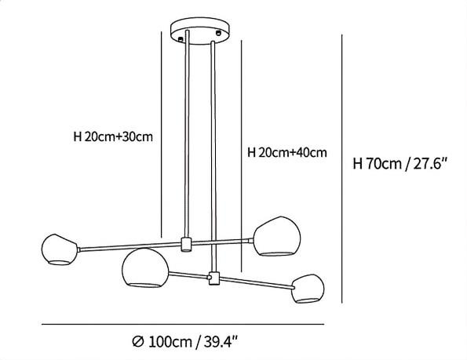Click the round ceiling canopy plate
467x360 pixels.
200,31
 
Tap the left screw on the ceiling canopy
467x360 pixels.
181,38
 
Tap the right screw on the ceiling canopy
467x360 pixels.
219,32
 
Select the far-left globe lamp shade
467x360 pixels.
60,249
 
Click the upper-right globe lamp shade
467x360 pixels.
277,236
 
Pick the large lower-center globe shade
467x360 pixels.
145,267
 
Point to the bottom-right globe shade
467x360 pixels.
308,289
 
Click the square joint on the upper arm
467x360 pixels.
186,244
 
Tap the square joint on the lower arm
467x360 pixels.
214,278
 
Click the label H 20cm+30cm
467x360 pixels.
113,136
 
